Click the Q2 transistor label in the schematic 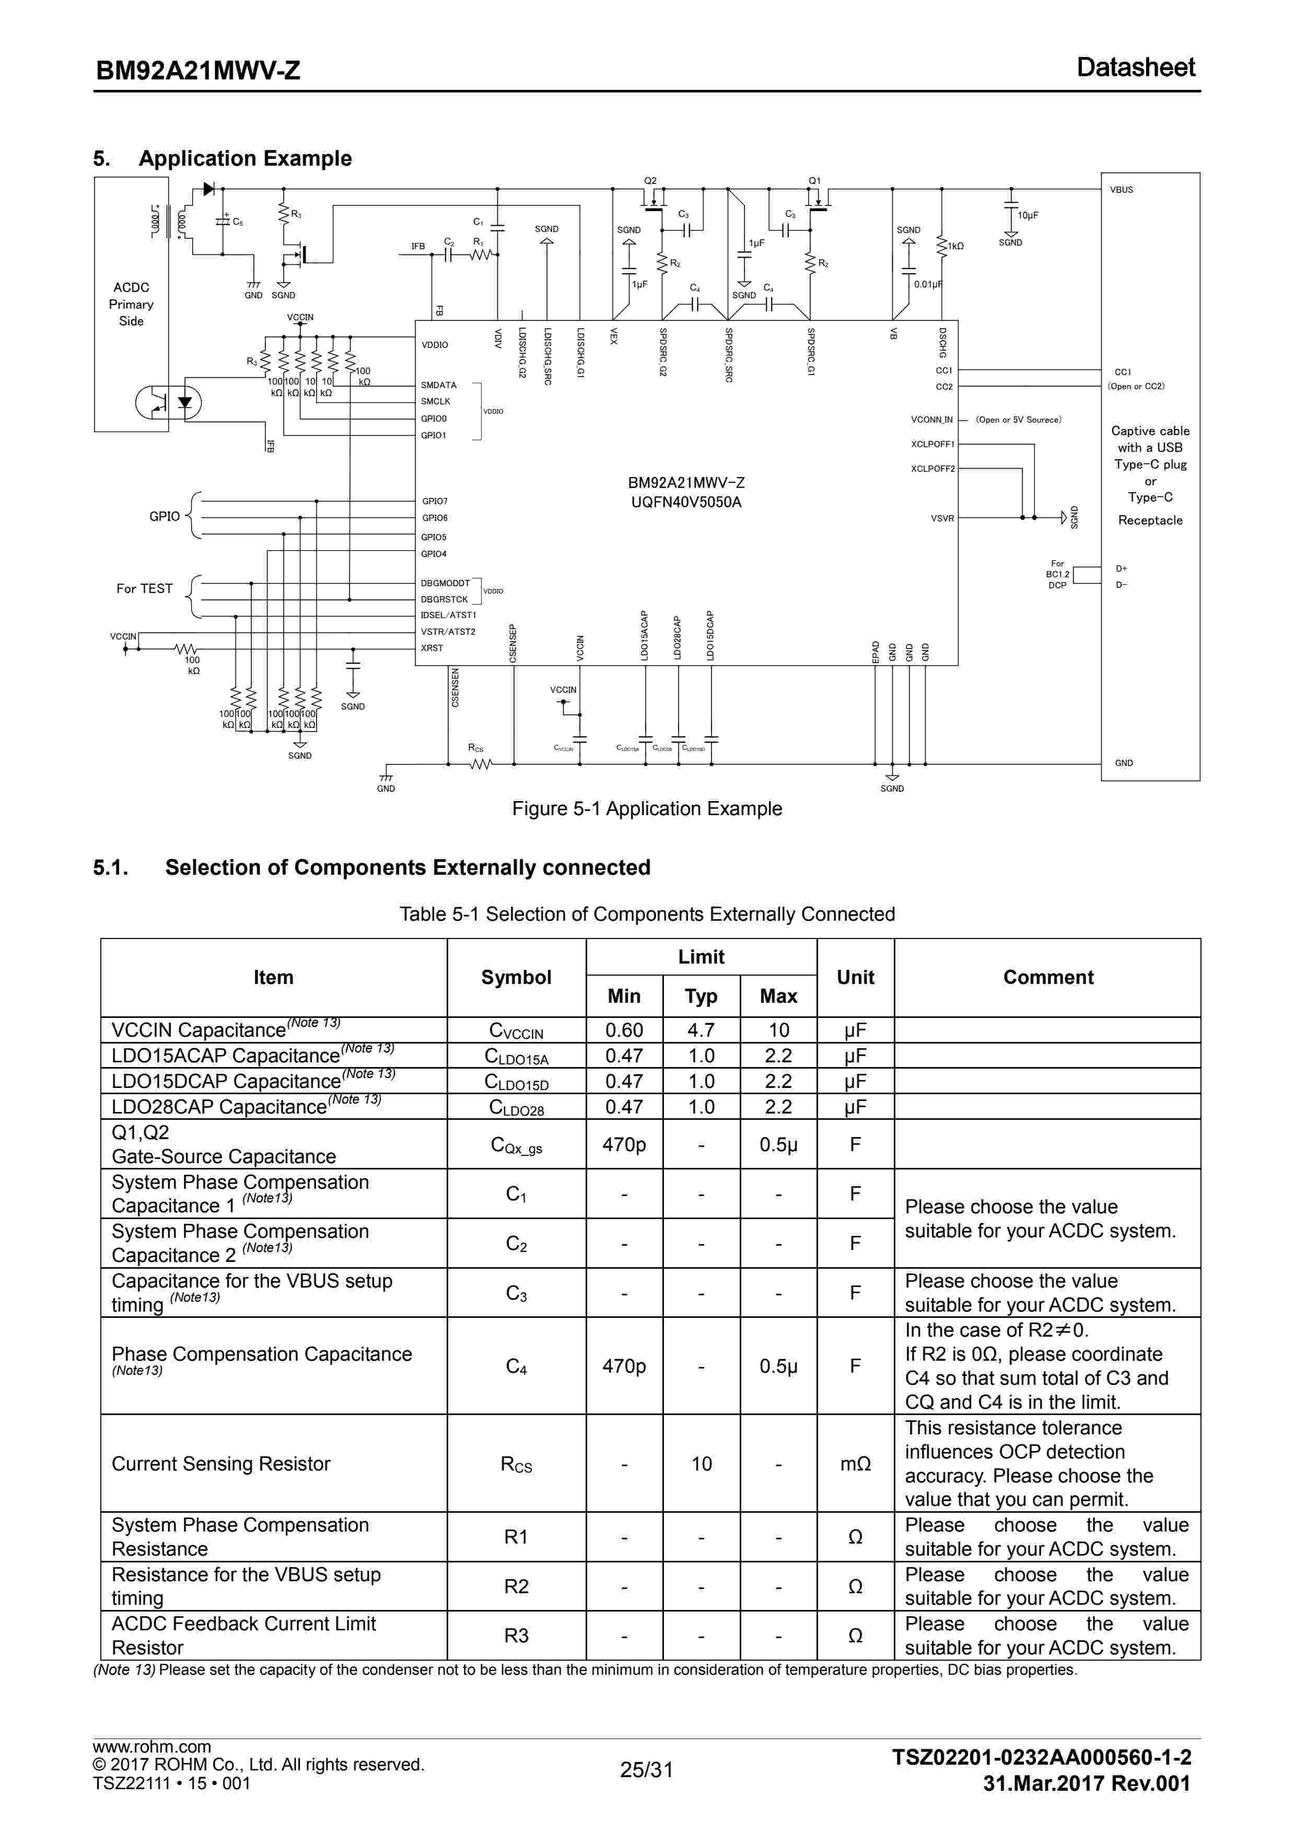[x=650, y=181]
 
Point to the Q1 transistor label [x=814, y=181]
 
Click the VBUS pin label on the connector [x=1121, y=190]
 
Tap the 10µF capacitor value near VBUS [x=1028, y=215]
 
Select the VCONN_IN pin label [x=931, y=420]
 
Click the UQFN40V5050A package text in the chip [x=686, y=502]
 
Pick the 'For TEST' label [x=144, y=588]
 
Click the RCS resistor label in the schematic [x=475, y=748]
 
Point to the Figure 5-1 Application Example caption [x=647, y=808]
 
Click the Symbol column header [x=516, y=977]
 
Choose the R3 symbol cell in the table [x=516, y=1636]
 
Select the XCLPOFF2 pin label [x=932, y=469]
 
